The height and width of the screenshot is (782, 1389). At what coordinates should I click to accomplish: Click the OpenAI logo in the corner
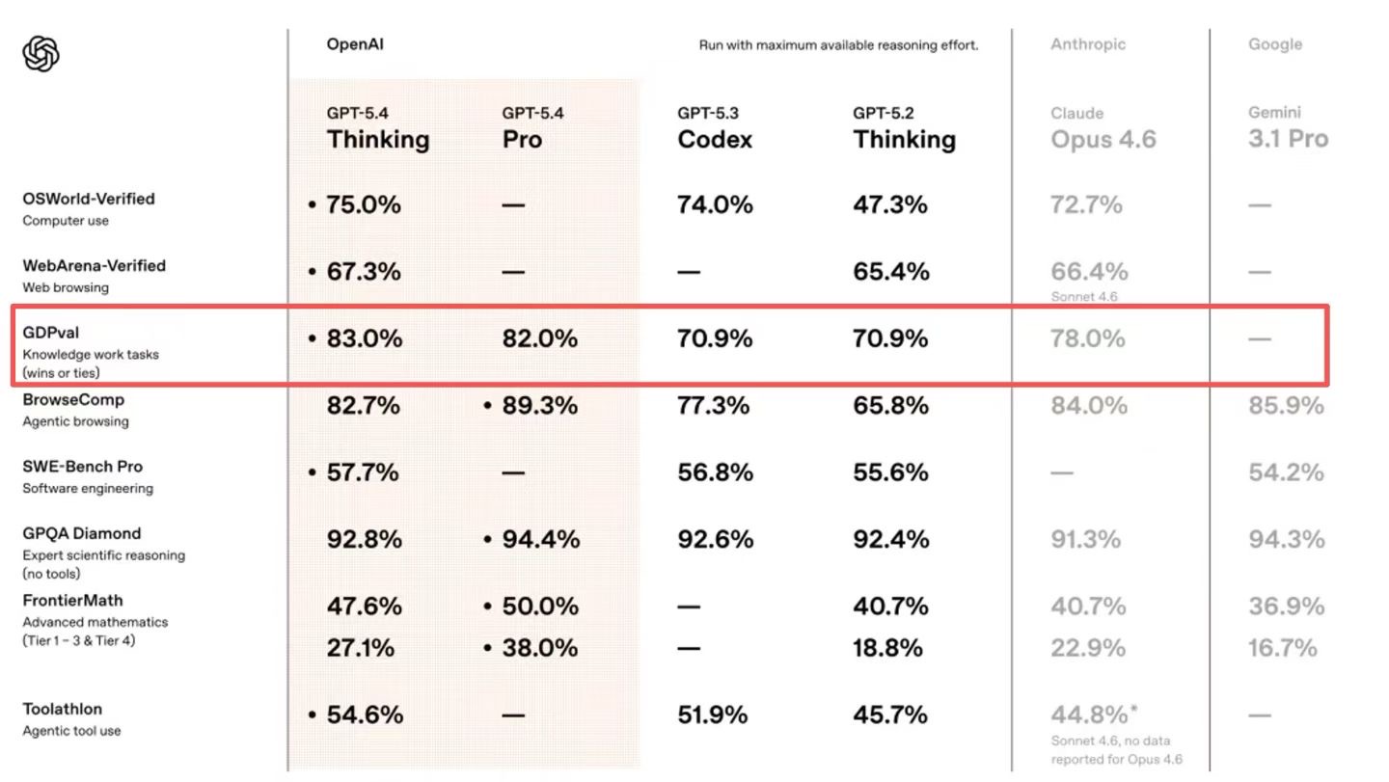tap(41, 54)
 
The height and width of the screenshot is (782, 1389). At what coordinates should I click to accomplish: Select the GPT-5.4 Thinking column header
tap(377, 129)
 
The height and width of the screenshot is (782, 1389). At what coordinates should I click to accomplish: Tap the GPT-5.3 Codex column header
tap(715, 129)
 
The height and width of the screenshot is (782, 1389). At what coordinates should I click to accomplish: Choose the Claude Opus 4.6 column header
tap(1103, 129)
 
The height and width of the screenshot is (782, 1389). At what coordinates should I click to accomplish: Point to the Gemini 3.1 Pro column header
tap(1288, 129)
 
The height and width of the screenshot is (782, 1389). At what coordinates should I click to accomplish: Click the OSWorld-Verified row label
tap(89, 200)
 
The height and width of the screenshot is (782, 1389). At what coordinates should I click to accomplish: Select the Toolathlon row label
tap(63, 710)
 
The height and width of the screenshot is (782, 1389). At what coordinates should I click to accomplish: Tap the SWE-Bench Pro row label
tap(83, 467)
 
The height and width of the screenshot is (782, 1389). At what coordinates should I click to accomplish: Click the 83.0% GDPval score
tap(363, 338)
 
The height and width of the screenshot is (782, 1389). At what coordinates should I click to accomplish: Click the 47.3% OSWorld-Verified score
tap(889, 205)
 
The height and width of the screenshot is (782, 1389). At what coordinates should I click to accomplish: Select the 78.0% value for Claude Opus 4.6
tap(1087, 338)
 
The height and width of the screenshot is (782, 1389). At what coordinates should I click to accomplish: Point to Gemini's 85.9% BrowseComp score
tap(1286, 406)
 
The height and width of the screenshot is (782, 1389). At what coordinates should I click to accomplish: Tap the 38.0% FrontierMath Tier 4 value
tap(540, 648)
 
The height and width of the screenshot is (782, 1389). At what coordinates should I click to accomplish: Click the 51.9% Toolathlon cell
tap(712, 715)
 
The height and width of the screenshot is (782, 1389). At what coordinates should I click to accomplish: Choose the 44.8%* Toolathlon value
tap(1094, 715)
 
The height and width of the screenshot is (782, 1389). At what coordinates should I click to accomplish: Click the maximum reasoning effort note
tap(838, 45)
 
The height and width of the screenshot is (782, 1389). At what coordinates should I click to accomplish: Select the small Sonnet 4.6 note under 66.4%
tap(1084, 297)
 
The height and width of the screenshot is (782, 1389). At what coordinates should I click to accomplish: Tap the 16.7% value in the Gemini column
tap(1282, 648)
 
